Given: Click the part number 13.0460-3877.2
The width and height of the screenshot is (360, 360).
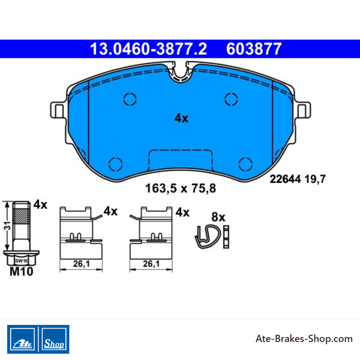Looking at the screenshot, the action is [x=148, y=49].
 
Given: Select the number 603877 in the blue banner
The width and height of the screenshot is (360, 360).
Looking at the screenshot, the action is [x=254, y=49].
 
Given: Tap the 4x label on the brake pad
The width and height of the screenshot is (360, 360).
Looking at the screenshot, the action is [x=181, y=118].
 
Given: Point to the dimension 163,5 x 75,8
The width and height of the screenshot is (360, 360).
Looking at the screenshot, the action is [x=180, y=188].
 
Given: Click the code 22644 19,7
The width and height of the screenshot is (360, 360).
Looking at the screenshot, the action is [x=297, y=179].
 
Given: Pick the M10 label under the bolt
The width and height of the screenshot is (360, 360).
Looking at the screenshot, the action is [x=21, y=271].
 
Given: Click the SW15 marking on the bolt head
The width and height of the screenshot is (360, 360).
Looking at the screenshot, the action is [x=21, y=261].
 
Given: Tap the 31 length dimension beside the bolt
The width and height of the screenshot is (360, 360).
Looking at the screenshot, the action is [x=7, y=226].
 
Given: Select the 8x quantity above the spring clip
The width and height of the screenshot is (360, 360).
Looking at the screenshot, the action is [x=218, y=217].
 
